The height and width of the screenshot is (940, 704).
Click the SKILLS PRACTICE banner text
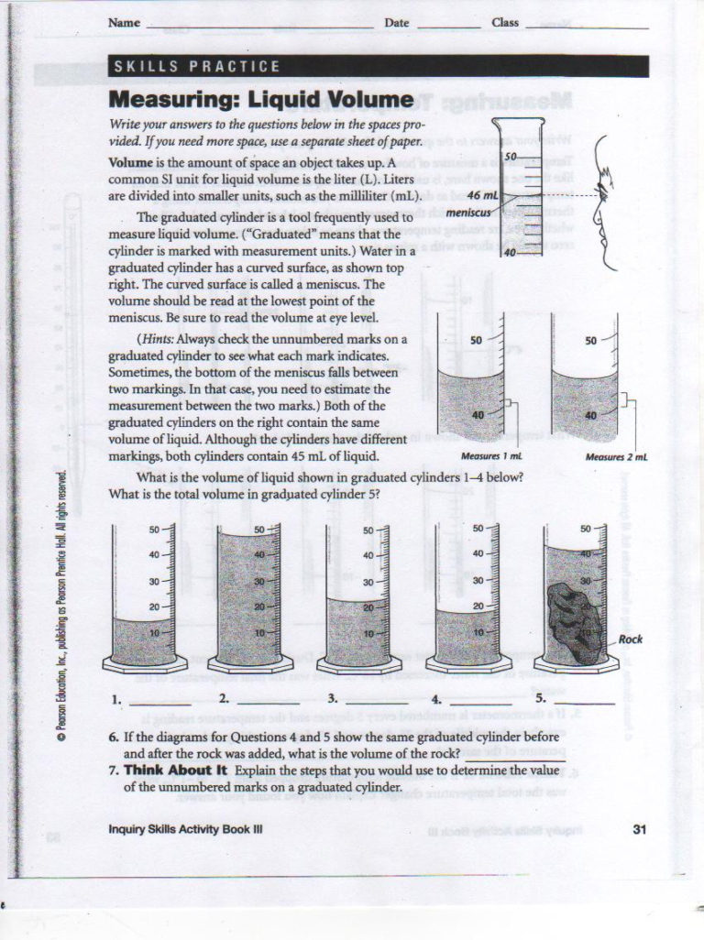click(x=195, y=66)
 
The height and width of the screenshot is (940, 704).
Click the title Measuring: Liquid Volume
click(x=260, y=98)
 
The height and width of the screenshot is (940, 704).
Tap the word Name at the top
click(x=124, y=23)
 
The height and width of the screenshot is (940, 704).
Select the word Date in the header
click(x=396, y=23)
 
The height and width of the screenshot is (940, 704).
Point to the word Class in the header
click(x=505, y=23)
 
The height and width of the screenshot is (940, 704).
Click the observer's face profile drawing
click(x=599, y=192)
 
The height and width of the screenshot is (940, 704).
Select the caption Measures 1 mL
click(x=490, y=455)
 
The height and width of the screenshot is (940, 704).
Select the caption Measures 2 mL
click(x=616, y=455)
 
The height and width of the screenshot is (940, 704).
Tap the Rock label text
click(x=631, y=639)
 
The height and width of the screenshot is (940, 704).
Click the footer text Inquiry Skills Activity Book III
click(x=186, y=830)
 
